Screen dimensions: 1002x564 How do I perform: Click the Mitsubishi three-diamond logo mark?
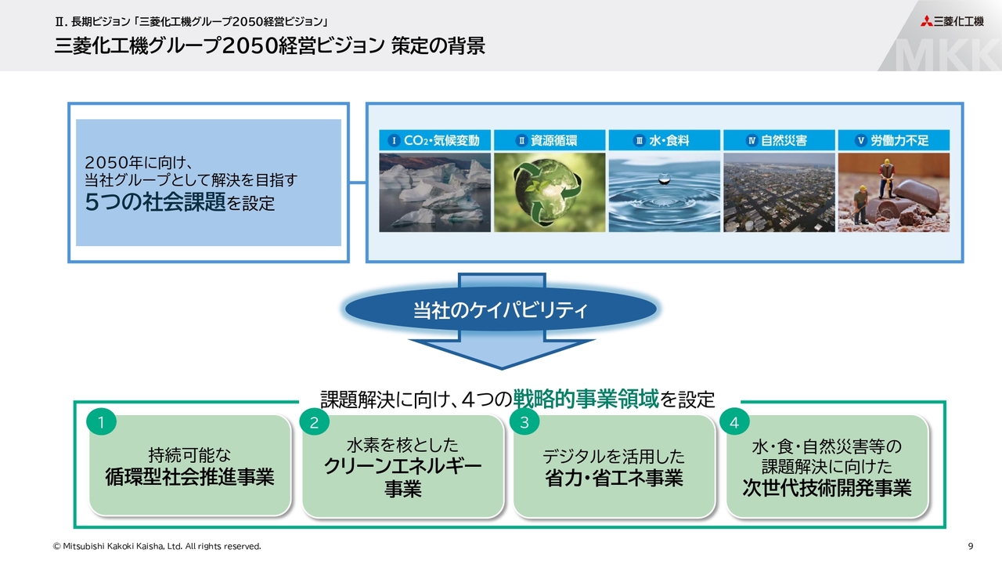(x=926, y=21)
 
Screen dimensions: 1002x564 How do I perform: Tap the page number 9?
(x=970, y=546)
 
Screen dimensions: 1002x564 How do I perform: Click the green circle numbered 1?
(x=102, y=421)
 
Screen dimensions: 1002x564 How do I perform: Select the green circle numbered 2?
(x=314, y=421)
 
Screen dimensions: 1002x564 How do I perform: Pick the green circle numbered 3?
(x=524, y=421)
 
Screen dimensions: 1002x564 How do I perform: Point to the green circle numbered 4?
(x=734, y=421)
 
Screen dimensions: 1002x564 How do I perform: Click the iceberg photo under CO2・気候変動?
(x=434, y=193)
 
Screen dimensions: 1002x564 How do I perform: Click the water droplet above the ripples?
(x=665, y=180)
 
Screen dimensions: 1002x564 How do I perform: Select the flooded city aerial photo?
(x=779, y=193)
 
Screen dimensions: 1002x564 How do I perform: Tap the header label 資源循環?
(x=553, y=140)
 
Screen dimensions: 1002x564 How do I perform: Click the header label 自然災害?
(x=784, y=140)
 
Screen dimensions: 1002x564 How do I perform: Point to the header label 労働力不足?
(x=899, y=140)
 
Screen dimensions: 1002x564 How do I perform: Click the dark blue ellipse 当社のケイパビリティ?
(x=501, y=309)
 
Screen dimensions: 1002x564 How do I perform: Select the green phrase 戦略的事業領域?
(x=586, y=399)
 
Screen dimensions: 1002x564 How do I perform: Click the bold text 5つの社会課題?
(x=155, y=202)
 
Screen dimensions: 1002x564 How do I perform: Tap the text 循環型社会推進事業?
(x=189, y=477)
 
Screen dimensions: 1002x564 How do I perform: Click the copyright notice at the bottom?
(x=157, y=546)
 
